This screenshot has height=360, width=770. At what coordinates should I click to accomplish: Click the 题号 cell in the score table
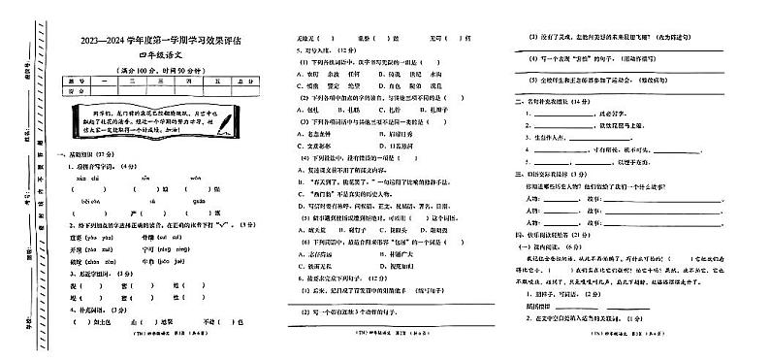(x=73, y=82)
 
